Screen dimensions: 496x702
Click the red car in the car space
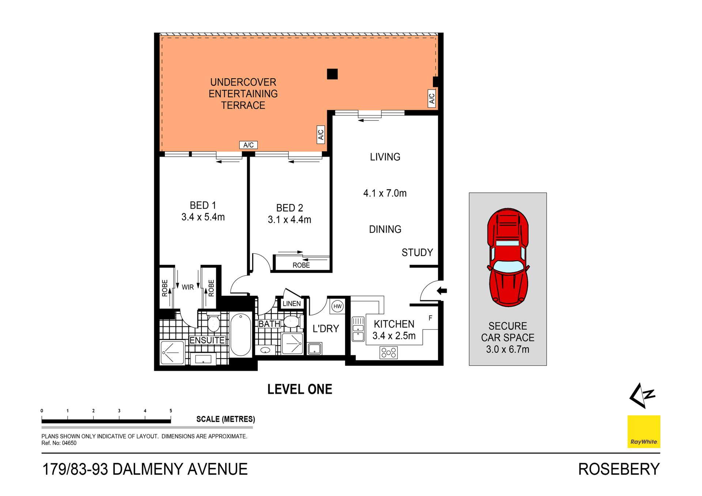coord(508,257)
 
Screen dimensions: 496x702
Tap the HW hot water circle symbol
coord(337,306)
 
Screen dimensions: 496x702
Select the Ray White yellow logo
coord(643,431)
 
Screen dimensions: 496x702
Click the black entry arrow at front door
coord(442,291)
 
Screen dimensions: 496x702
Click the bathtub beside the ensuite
coord(241,334)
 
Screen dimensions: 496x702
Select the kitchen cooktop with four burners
coord(388,353)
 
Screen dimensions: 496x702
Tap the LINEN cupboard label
coord(291,304)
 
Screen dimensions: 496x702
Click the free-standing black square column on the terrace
coord(332,74)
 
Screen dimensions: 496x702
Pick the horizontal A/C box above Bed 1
coord(248,145)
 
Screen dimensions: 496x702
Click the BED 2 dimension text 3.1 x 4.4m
coord(289,220)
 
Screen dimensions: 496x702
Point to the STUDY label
coord(417,253)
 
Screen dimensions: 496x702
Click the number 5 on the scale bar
coord(171,411)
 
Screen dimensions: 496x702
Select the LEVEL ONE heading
coord(300,389)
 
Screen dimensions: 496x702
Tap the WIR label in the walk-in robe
coord(188,287)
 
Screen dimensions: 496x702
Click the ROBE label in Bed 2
coord(301,265)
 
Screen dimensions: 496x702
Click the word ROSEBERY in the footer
coord(619,469)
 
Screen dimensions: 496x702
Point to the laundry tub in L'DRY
coord(314,349)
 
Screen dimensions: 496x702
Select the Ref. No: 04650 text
coord(59,443)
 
